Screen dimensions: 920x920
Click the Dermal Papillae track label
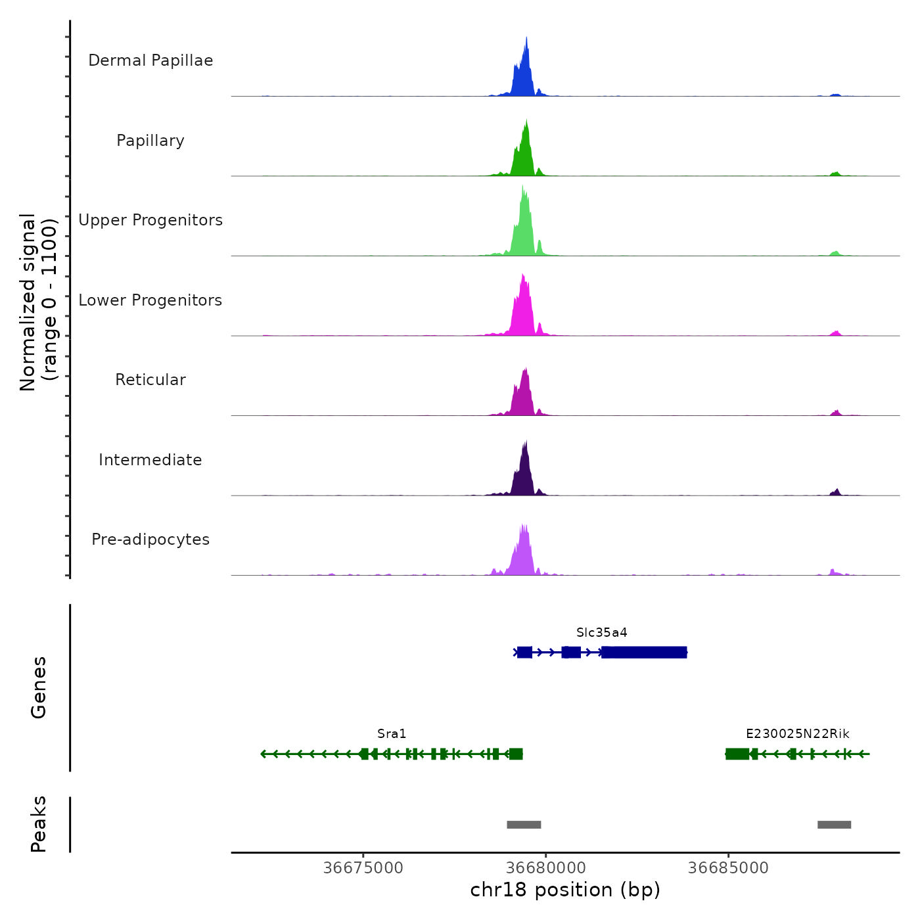tap(150, 60)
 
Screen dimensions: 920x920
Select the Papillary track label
tap(150, 141)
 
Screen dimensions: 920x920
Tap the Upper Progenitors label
tap(150, 220)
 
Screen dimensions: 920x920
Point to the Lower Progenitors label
tap(150, 300)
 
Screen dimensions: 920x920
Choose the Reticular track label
tap(150, 380)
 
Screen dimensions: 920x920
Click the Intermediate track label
tap(150, 460)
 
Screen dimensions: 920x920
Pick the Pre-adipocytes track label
tap(150, 540)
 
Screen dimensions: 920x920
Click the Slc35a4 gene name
tap(601, 633)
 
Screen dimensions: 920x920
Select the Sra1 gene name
tap(392, 734)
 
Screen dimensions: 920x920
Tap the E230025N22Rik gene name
tap(797, 734)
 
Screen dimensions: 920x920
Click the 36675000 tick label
tap(363, 868)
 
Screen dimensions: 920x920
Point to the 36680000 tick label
tap(546, 868)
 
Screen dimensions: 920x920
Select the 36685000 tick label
tap(728, 868)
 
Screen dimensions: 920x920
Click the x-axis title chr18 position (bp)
tap(565, 890)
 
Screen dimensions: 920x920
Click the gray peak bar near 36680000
tap(524, 825)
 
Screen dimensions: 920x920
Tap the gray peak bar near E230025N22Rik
tap(834, 825)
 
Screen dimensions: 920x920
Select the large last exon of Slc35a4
tap(644, 652)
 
